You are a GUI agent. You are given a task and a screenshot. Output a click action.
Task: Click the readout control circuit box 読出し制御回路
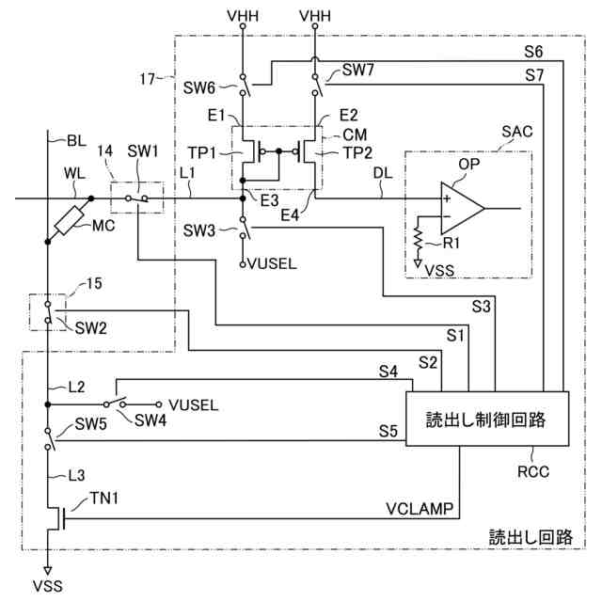pos(487,419)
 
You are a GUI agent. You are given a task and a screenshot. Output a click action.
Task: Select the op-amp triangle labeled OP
pos(462,208)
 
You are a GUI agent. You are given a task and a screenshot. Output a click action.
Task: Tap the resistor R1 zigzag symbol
pos(418,239)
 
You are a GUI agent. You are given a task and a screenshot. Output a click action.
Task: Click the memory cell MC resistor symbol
pos(69,220)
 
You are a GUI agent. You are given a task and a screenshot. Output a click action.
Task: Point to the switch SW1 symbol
pos(137,198)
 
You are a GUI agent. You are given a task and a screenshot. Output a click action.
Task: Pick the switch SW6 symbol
pos(244,85)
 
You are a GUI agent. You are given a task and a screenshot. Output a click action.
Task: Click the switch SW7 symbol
pos(316,85)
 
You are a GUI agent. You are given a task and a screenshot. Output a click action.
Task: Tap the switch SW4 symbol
pos(115,403)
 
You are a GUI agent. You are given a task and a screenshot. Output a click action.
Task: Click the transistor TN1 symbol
pos(56,518)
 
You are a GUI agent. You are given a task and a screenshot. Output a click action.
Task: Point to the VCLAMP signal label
pos(420,509)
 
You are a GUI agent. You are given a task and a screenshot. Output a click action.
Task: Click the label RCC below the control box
pos(533,472)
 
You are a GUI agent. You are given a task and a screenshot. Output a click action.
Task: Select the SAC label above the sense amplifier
pos(517,132)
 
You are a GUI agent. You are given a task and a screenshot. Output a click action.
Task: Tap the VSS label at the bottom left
pos(48,586)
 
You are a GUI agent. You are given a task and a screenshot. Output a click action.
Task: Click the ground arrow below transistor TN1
pos(48,570)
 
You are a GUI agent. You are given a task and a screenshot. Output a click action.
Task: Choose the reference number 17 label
pos(148,79)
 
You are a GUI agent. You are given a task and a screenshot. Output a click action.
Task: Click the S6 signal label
pos(533,52)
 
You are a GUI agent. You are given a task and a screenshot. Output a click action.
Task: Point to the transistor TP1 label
pos(202,152)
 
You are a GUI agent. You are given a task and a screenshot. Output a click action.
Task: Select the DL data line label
pos(383,173)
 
